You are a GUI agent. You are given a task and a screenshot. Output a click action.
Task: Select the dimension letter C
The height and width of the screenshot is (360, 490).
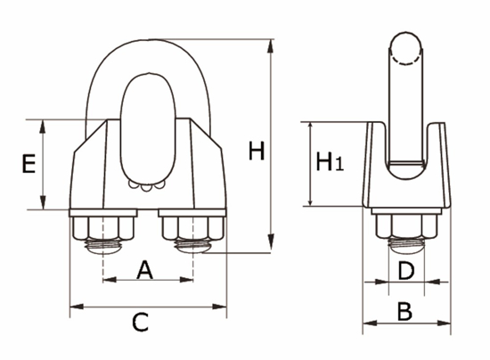point(141,323)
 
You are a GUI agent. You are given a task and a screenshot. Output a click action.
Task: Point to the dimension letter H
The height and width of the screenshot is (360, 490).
point(257,151)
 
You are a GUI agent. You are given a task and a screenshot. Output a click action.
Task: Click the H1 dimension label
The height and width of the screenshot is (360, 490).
point(329,163)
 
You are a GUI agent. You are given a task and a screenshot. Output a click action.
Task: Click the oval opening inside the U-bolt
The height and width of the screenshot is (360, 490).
point(147,129)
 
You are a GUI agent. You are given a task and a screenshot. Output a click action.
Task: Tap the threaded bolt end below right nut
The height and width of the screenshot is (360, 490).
point(195,242)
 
